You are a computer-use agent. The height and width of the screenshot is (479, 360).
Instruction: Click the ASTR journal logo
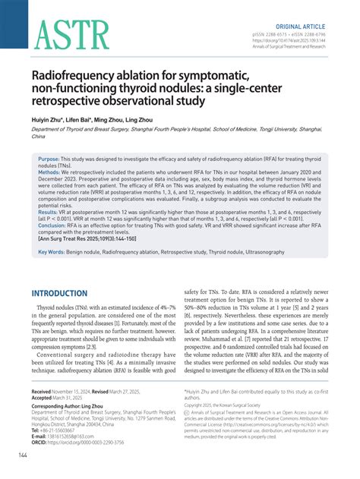click(x=64, y=36)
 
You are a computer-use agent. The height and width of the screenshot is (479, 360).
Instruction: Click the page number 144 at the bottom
click(x=13, y=455)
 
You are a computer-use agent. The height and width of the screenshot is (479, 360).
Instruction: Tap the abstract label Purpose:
click(x=52, y=160)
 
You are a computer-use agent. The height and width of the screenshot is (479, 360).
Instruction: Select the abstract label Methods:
click(x=52, y=173)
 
